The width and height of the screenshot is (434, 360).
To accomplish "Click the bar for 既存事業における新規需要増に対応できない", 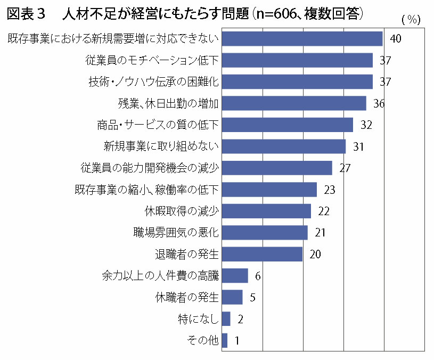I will (x=302, y=39).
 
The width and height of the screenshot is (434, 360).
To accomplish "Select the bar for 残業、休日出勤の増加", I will (x=294, y=103).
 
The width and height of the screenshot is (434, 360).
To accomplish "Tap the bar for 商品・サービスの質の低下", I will (x=287, y=125).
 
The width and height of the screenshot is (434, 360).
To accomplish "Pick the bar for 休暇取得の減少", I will (x=266, y=211).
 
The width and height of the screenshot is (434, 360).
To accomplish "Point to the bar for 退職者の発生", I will (x=262, y=254).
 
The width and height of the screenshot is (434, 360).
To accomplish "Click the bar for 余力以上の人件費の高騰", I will (x=235, y=275).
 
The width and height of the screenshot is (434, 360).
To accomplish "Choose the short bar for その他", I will (x=225, y=340).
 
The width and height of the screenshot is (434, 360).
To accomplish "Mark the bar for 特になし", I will (x=226, y=319).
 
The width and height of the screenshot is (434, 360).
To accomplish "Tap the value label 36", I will (x=379, y=103).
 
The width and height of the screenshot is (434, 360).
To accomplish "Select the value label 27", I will (x=345, y=168).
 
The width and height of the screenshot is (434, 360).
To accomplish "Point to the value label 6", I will (x=258, y=276).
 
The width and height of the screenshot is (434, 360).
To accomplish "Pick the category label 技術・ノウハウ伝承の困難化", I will (x=153, y=82).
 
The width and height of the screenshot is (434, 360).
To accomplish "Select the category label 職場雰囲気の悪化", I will (x=176, y=233).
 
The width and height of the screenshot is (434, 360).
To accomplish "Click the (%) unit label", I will (x=411, y=20).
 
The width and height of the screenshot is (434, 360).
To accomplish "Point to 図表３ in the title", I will (x=27, y=14).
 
